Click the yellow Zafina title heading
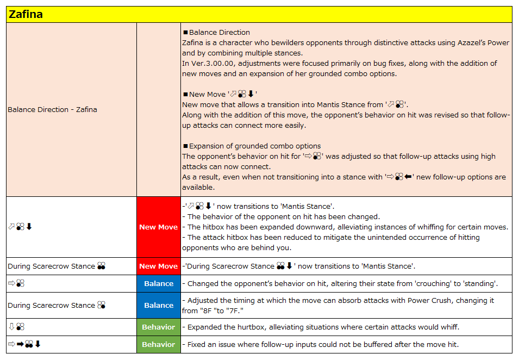[x=26, y=15]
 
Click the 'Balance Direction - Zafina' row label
[x=52, y=109]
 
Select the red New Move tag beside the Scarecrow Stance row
[x=158, y=266]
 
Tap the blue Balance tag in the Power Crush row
[x=158, y=305]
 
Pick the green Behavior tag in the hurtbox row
[x=158, y=327]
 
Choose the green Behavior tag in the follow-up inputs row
[x=158, y=344]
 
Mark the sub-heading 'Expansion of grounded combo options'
[x=255, y=146]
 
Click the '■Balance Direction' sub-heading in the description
[x=217, y=32]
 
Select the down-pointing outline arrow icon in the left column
[x=11, y=327]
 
